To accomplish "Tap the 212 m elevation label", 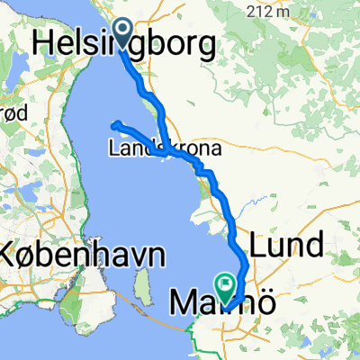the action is (271, 13).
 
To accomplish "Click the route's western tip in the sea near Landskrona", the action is (114, 123).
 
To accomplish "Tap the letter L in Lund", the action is (261, 245).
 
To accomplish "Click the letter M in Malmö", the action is (185, 305).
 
